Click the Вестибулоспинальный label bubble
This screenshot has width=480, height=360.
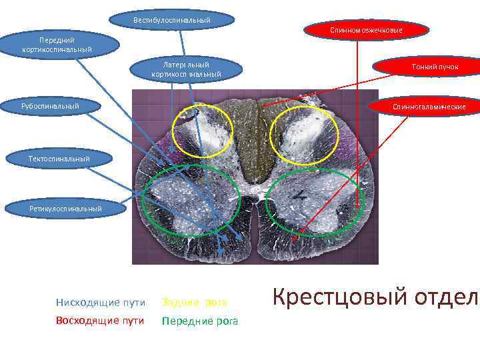coord(172,20)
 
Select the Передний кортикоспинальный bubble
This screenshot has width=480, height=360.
coord(57,45)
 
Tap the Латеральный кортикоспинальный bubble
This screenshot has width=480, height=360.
coord(186,69)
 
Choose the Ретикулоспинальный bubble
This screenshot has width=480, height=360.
coord(65,209)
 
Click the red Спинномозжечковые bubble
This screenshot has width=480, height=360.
coord(366,31)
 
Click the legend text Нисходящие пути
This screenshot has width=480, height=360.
coord(101,303)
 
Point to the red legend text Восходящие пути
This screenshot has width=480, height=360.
coord(101,321)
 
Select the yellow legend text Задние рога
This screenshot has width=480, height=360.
coord(194,303)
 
